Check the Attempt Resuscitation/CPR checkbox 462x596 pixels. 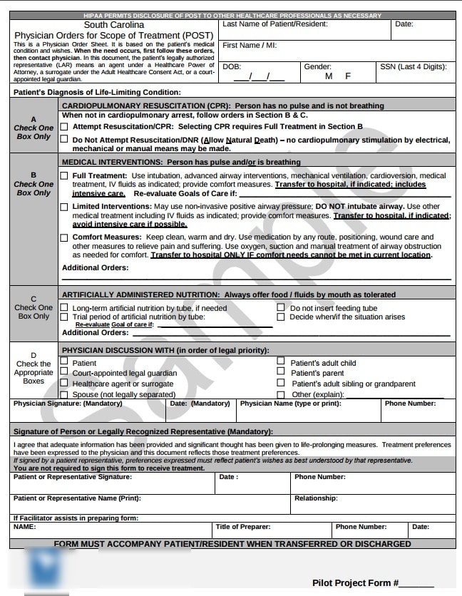point(65,126)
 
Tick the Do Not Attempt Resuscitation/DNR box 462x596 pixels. point(65,140)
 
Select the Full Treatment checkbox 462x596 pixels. point(65,175)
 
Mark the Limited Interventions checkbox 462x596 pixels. point(65,207)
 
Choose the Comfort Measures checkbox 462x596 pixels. point(65,237)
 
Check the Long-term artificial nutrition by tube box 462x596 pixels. point(65,308)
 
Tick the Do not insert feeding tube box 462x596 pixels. point(281,308)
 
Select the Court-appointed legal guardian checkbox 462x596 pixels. point(65,373)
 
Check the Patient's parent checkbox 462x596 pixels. point(281,373)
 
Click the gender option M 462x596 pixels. point(329,76)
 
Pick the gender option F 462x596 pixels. point(348,76)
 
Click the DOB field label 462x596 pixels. point(232,67)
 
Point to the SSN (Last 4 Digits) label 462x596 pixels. point(414,67)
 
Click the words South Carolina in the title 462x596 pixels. point(113,25)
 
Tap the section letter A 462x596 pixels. point(34,119)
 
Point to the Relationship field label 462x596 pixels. point(316,498)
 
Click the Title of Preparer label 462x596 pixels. point(243,527)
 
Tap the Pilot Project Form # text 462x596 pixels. point(355,583)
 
